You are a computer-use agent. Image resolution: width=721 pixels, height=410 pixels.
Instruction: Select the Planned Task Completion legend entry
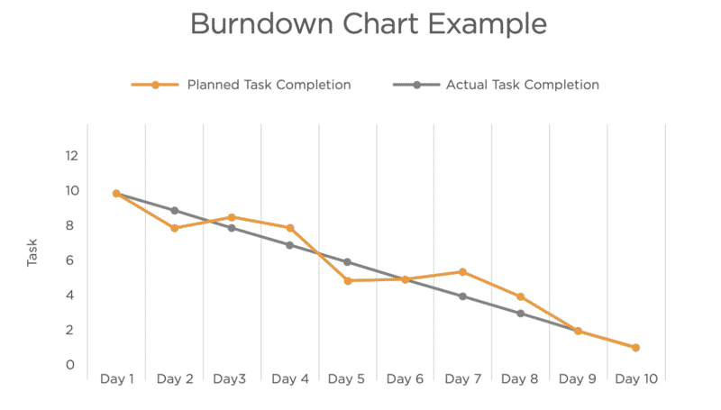(269, 86)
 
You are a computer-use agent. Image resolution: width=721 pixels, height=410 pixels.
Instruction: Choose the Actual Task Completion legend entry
(522, 86)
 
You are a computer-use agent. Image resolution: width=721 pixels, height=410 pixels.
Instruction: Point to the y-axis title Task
(32, 253)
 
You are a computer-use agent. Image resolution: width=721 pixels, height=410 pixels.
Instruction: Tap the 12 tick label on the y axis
(71, 156)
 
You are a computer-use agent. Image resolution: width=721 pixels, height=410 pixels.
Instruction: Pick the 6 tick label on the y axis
(71, 260)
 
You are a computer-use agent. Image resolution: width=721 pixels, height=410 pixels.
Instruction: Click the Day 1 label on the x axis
(116, 379)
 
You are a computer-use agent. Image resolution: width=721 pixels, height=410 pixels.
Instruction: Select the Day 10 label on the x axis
(636, 379)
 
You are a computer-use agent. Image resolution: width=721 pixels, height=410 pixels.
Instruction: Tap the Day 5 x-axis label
(347, 379)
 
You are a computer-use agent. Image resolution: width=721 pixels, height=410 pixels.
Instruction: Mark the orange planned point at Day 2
(174, 228)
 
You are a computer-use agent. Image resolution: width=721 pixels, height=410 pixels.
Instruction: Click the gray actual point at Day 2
(174, 211)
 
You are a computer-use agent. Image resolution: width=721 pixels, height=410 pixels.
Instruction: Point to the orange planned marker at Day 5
(347, 280)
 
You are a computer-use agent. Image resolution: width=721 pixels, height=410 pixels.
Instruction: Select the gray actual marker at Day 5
(347, 262)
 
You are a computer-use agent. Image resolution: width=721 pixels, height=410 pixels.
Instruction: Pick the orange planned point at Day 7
(462, 271)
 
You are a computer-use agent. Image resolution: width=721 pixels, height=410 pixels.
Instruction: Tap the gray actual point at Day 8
(520, 314)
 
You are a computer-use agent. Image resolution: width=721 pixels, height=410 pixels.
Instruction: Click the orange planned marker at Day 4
(289, 228)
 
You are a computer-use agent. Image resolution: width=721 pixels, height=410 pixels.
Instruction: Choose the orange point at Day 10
(635, 348)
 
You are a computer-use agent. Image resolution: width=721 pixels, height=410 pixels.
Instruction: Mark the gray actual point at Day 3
(232, 228)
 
